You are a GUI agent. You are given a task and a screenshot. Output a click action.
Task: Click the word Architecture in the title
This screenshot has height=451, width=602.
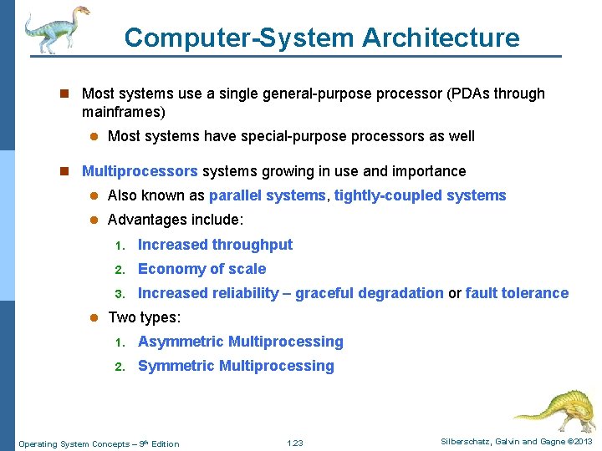(x=441, y=38)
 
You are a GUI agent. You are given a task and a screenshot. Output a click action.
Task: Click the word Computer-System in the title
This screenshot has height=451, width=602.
(x=240, y=38)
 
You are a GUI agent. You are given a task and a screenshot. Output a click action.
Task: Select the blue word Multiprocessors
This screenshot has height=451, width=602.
(x=140, y=171)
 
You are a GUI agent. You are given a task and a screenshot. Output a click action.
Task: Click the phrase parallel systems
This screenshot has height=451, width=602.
(x=268, y=195)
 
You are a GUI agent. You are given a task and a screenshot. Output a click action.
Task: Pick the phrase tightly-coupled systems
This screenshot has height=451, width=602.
(x=420, y=195)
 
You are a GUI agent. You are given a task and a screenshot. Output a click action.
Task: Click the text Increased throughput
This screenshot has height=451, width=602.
(x=215, y=245)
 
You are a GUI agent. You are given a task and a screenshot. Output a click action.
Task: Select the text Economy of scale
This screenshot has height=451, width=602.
(x=202, y=269)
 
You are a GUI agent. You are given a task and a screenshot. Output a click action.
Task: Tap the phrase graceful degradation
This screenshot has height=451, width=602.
(x=370, y=293)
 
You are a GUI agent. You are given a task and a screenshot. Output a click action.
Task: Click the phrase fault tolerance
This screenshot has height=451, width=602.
(x=517, y=293)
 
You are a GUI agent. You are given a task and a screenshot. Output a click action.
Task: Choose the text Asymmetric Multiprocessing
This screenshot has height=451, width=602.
(x=240, y=342)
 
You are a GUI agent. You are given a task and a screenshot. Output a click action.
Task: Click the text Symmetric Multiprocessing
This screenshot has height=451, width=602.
(x=236, y=366)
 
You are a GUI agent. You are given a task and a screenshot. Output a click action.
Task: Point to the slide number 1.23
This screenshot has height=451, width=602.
(x=294, y=443)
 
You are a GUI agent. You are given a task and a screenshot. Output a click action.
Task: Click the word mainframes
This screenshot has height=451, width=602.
(x=122, y=111)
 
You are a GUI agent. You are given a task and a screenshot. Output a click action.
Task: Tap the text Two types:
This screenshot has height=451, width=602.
(x=145, y=317)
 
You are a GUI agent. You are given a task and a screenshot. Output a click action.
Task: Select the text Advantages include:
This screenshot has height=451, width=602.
(x=176, y=220)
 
